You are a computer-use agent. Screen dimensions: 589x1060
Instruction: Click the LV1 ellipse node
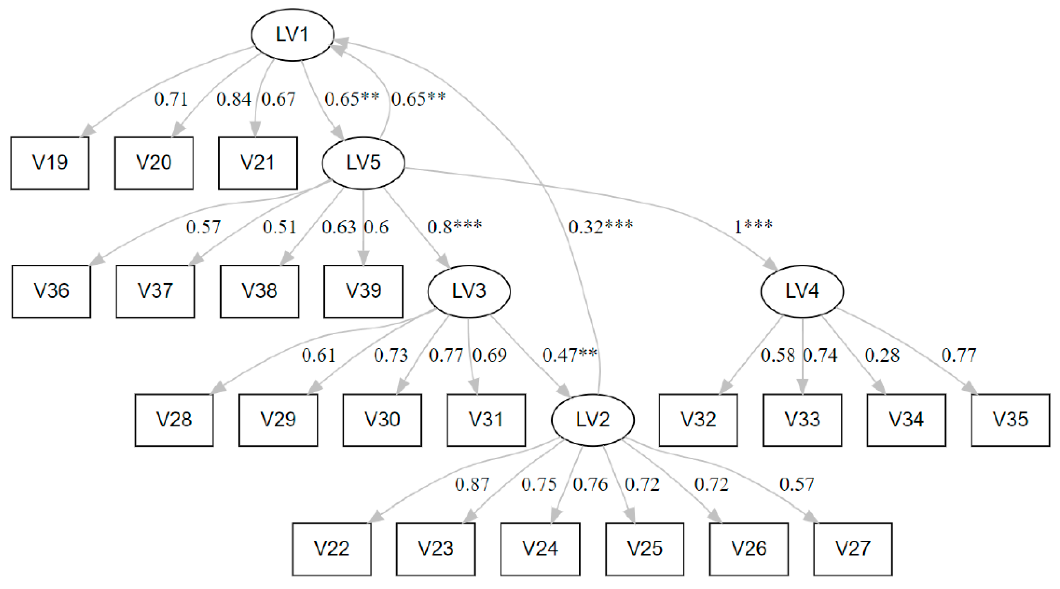pos(292,35)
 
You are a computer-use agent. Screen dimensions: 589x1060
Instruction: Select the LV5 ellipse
pos(363,163)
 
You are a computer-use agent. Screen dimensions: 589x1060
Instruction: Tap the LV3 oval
pos(469,291)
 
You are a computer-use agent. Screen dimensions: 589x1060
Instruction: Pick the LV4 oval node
pos(802,291)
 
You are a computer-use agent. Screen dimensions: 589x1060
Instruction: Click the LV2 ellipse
pos(593,420)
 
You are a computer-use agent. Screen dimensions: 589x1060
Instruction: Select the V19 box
pos(50,163)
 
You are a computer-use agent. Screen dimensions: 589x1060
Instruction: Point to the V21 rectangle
pos(258,163)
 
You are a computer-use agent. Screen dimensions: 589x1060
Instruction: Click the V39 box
pos(363,291)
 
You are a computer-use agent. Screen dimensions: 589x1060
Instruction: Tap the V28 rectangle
pos(174,420)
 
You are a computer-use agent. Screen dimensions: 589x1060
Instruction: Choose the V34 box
pos(906,420)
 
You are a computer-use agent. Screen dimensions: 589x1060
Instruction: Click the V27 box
pos(853,549)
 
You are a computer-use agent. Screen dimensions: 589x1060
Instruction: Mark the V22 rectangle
pos(332,549)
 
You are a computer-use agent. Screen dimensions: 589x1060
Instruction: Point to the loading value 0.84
pos(233,99)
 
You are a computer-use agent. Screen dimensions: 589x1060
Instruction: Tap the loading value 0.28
pos(882,355)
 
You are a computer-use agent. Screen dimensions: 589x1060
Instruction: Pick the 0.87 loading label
pos(472,485)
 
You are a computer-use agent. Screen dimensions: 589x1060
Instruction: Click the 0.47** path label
pos(569,355)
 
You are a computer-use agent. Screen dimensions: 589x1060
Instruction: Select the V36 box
pos(51,291)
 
